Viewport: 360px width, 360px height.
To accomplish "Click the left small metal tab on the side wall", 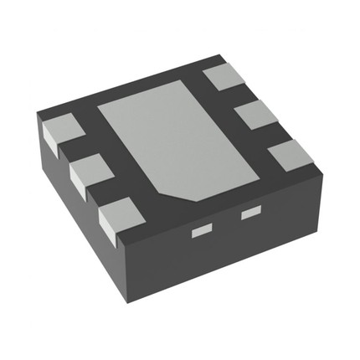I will click(202, 229).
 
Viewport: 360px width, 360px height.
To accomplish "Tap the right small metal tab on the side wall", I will click(250, 214).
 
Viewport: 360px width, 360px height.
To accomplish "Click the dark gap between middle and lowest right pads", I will click(275, 133).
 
